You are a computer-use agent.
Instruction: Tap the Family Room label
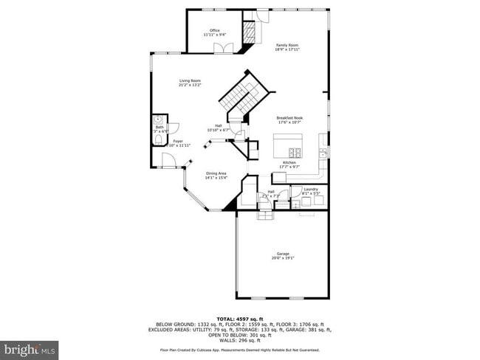tap(287, 45)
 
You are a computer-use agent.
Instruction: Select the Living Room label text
tap(190, 80)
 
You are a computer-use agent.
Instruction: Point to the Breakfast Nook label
tap(290, 118)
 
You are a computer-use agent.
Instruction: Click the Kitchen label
tap(289, 162)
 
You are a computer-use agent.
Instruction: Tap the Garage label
tap(284, 254)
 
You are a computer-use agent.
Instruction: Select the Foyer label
tap(178, 140)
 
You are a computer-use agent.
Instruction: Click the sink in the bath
tap(157, 120)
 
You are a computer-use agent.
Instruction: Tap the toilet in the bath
tap(157, 137)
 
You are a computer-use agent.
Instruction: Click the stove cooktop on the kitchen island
tap(294, 153)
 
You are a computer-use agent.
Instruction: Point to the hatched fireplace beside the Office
tap(250, 32)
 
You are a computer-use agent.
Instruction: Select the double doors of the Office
tap(219, 49)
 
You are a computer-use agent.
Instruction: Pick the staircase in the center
tap(238, 97)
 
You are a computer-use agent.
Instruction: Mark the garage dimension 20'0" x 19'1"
tap(284, 258)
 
